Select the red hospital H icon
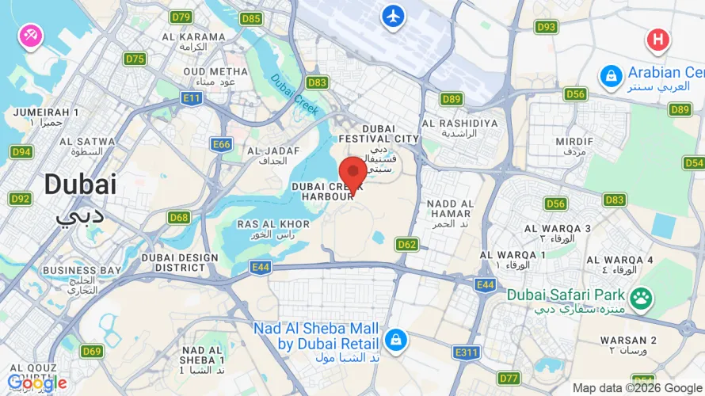click(x=657, y=39)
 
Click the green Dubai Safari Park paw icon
click(x=641, y=299)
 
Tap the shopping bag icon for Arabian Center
click(x=610, y=76)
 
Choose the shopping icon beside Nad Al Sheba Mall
click(x=394, y=340)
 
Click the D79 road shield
click(x=181, y=17)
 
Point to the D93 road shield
click(x=546, y=27)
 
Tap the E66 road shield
click(x=222, y=144)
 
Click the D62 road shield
click(x=407, y=245)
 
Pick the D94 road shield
click(x=21, y=151)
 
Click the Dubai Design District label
click(x=180, y=262)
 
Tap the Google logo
click(x=37, y=383)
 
